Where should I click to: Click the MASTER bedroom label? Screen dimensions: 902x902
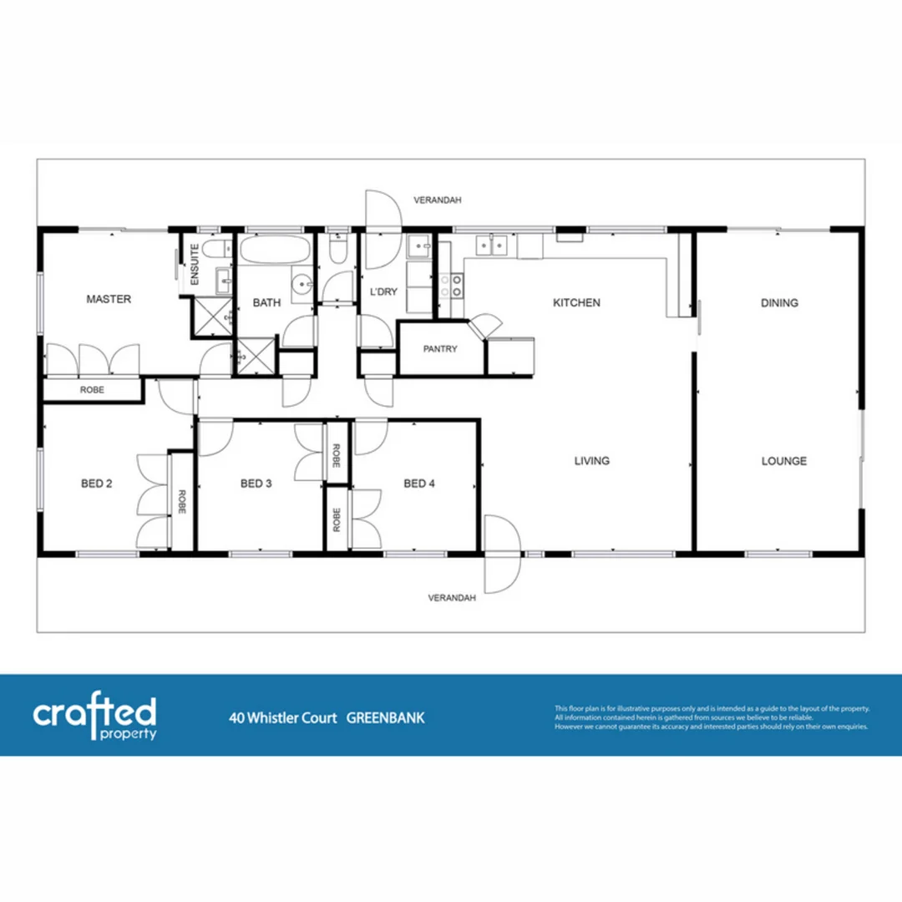(x=109, y=299)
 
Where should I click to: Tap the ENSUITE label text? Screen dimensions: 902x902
(x=194, y=266)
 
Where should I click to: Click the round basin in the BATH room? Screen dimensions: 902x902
(x=302, y=285)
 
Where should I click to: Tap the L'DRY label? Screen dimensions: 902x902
(x=383, y=291)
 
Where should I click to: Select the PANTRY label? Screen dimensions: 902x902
(x=440, y=349)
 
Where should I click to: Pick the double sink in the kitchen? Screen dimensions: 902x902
(x=491, y=245)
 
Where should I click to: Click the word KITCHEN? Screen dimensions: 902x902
(x=576, y=302)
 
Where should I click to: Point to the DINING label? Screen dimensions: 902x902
(x=779, y=302)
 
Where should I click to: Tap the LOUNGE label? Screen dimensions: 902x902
(x=783, y=460)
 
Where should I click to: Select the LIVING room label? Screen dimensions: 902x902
(x=591, y=460)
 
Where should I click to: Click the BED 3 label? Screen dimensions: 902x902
(x=256, y=483)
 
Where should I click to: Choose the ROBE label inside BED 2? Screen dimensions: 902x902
(x=181, y=501)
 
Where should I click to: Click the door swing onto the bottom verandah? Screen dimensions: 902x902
(x=501, y=555)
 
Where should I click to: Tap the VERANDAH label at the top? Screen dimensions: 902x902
(x=438, y=200)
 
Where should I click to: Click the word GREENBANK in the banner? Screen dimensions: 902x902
(x=385, y=717)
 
